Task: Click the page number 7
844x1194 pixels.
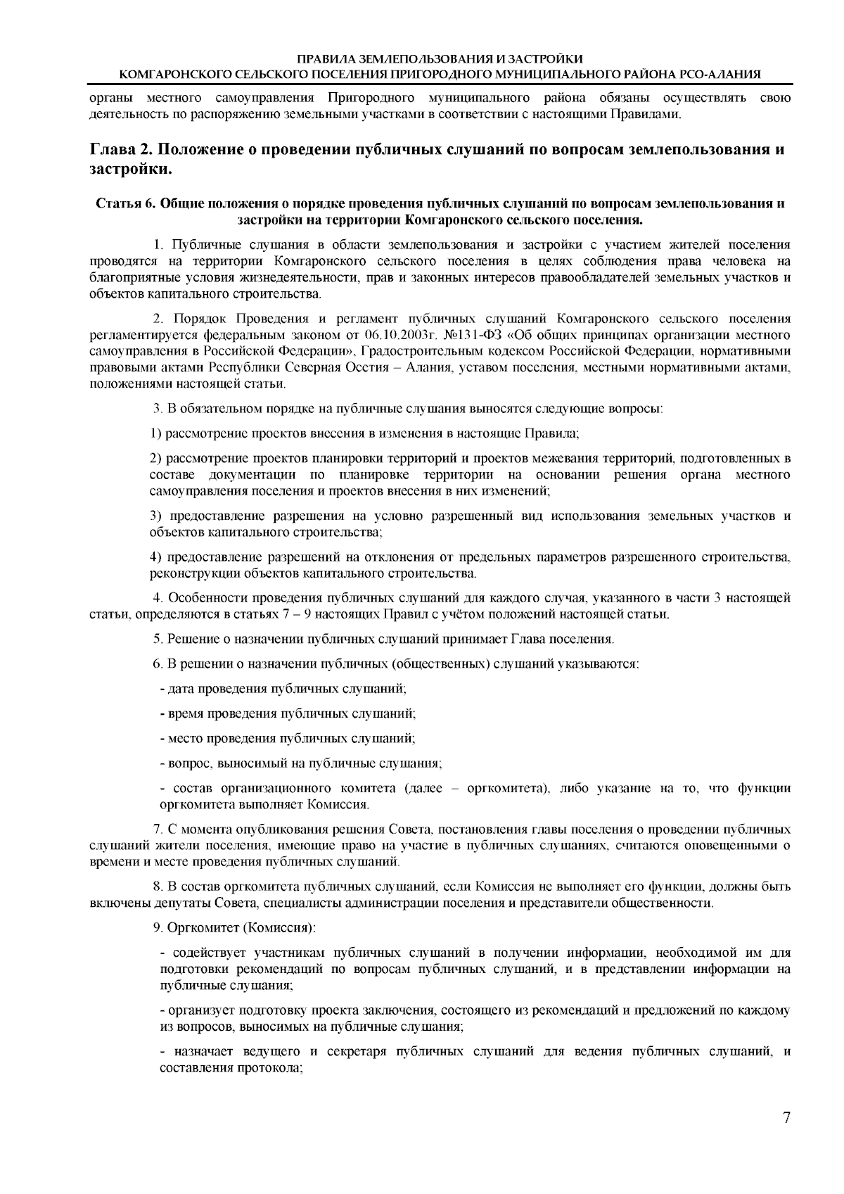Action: (786, 1118)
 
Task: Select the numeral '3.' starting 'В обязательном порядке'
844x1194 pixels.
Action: (158, 408)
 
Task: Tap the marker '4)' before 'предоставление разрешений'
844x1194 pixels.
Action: (157, 558)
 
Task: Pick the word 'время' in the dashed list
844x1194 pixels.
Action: (185, 713)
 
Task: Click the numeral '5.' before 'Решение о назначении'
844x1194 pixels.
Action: (158, 639)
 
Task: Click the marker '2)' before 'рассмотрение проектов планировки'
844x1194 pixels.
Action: (157, 459)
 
